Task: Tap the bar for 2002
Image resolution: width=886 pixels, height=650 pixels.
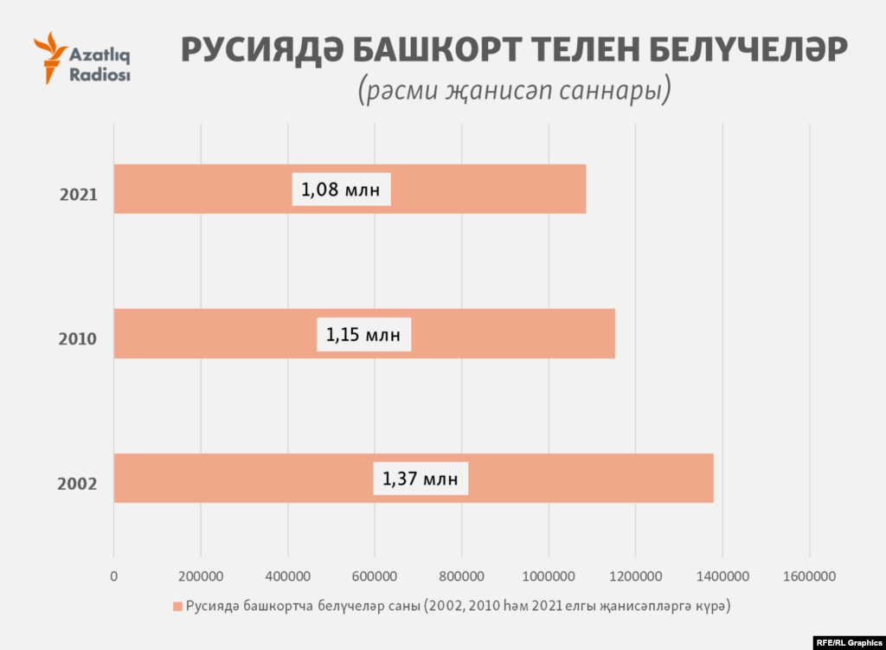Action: pos(562,478)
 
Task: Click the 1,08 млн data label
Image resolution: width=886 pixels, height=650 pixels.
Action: pos(341,189)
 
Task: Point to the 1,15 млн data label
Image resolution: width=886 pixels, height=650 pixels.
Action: pos(363,334)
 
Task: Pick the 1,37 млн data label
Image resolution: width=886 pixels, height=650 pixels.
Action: pos(421,478)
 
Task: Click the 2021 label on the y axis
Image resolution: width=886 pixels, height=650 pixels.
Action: pos(78,194)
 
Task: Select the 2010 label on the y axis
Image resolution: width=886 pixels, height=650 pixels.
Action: pos(77,339)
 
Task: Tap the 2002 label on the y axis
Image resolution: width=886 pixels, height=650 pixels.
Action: pos(77,484)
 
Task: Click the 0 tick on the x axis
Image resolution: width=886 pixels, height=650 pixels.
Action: pos(113,576)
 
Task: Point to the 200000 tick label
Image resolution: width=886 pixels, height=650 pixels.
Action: pos(201,576)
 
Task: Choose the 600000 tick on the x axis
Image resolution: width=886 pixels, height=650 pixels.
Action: pos(375,576)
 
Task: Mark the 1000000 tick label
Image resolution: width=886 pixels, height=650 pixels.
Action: pos(549,576)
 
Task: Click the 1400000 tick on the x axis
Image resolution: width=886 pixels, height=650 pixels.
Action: pos(722,576)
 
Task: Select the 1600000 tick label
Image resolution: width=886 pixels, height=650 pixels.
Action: pos(810,576)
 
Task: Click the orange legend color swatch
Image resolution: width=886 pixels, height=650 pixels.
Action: pos(177,607)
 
